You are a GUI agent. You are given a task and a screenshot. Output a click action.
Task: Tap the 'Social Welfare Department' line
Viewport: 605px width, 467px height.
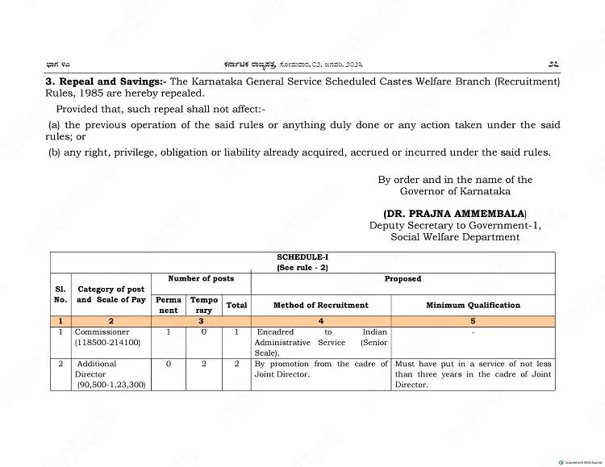click(455, 237)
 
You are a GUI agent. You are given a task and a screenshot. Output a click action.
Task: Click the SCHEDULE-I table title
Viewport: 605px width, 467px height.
click(302, 257)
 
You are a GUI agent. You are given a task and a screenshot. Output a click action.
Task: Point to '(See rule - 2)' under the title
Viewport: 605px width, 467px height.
click(302, 267)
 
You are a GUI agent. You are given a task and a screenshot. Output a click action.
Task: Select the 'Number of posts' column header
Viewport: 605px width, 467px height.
click(201, 279)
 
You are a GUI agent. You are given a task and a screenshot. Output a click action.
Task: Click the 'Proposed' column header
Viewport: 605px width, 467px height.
click(403, 279)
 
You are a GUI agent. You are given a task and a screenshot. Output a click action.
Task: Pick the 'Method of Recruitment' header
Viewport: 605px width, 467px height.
click(320, 305)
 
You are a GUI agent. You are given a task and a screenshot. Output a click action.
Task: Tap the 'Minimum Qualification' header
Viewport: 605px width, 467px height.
click(473, 305)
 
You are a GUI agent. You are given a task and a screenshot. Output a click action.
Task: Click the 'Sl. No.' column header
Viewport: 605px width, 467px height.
click(60, 294)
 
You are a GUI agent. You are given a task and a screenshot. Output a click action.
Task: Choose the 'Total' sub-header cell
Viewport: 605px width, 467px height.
click(236, 305)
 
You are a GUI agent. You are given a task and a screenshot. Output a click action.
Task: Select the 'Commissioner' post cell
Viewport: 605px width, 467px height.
click(102, 331)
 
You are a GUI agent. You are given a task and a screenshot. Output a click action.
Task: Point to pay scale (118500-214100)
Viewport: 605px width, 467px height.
click(108, 343)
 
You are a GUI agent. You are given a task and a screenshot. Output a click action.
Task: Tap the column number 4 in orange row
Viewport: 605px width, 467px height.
click(320, 321)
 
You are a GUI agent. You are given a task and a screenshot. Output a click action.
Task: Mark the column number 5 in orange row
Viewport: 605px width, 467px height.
click(473, 321)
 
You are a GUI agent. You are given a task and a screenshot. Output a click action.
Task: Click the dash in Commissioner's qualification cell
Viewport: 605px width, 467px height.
click(473, 331)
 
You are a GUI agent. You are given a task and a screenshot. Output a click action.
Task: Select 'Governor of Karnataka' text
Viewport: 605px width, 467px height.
click(455, 191)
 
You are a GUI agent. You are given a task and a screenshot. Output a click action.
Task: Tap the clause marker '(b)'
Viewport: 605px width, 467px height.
click(54, 152)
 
